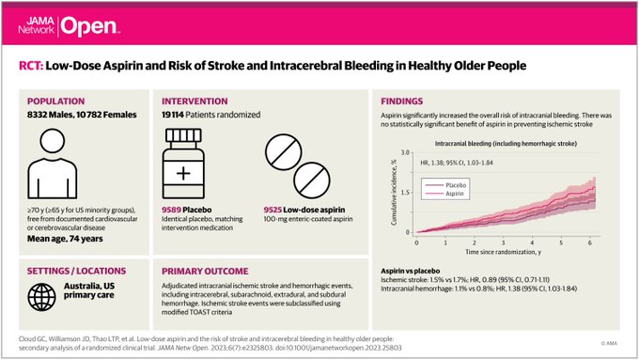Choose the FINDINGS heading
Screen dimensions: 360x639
tap(406, 101)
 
